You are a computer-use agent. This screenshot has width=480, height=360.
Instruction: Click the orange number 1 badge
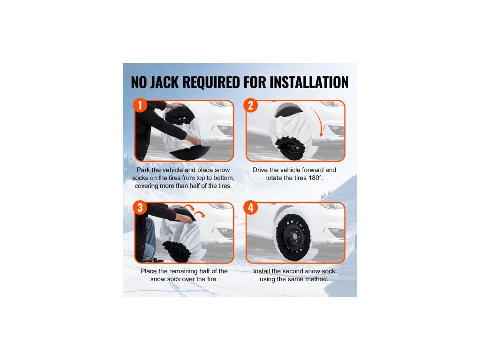pos(140,105)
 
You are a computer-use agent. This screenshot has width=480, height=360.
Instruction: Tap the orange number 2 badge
pos(251,105)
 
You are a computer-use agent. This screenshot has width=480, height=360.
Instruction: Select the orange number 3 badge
pos(140,208)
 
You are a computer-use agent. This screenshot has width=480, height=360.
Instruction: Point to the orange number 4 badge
pos(251,208)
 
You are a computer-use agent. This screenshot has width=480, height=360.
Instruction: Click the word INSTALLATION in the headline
pos(309,82)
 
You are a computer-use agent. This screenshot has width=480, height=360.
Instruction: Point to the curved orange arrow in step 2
pos(318,120)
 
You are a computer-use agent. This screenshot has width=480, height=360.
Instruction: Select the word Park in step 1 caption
pos(143,170)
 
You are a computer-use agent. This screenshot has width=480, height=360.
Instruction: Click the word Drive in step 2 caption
pos(260,170)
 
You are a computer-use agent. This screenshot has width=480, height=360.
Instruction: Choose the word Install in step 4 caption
pos(262,271)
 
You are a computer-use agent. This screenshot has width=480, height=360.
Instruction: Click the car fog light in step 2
pos(334,128)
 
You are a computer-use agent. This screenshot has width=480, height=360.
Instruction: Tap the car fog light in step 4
pos(334,230)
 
